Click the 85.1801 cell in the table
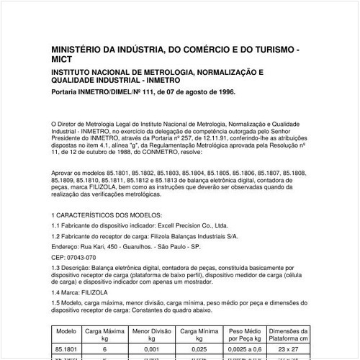pyautogui.click(x=66, y=348)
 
